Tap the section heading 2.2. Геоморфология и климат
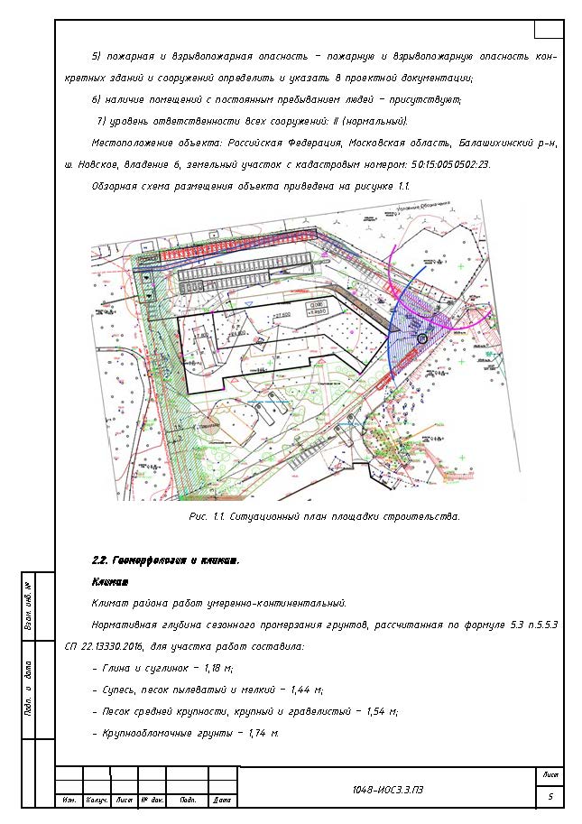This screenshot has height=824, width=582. pos(165,560)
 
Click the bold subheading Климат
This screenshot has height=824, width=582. pos(110,582)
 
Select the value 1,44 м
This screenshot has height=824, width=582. pos(305,690)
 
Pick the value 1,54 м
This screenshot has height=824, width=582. pos(380,711)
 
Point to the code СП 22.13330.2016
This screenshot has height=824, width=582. pos(113,647)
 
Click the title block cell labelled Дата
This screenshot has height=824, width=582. pos(222,801)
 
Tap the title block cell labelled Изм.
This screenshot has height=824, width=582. pos(69,801)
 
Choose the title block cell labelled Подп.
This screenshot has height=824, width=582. pos(188,801)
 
